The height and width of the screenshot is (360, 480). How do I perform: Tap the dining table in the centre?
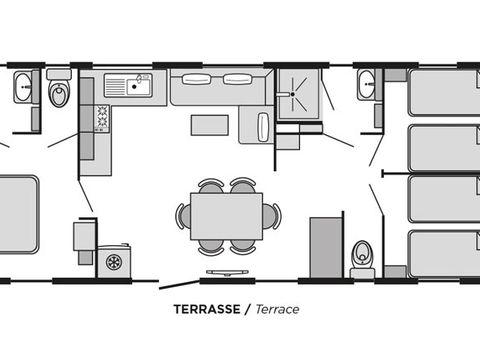tap(226, 214)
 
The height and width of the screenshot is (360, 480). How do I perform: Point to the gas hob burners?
tap(102, 118)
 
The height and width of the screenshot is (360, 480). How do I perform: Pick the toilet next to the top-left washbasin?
tap(59, 93)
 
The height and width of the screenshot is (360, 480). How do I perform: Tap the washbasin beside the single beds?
tap(366, 86)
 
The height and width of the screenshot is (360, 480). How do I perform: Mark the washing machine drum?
tap(114, 262)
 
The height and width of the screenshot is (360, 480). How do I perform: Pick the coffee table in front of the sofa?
tap(209, 124)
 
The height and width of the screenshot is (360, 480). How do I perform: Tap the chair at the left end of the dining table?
tap(182, 215)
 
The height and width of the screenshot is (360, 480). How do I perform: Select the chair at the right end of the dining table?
tap(273, 215)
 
